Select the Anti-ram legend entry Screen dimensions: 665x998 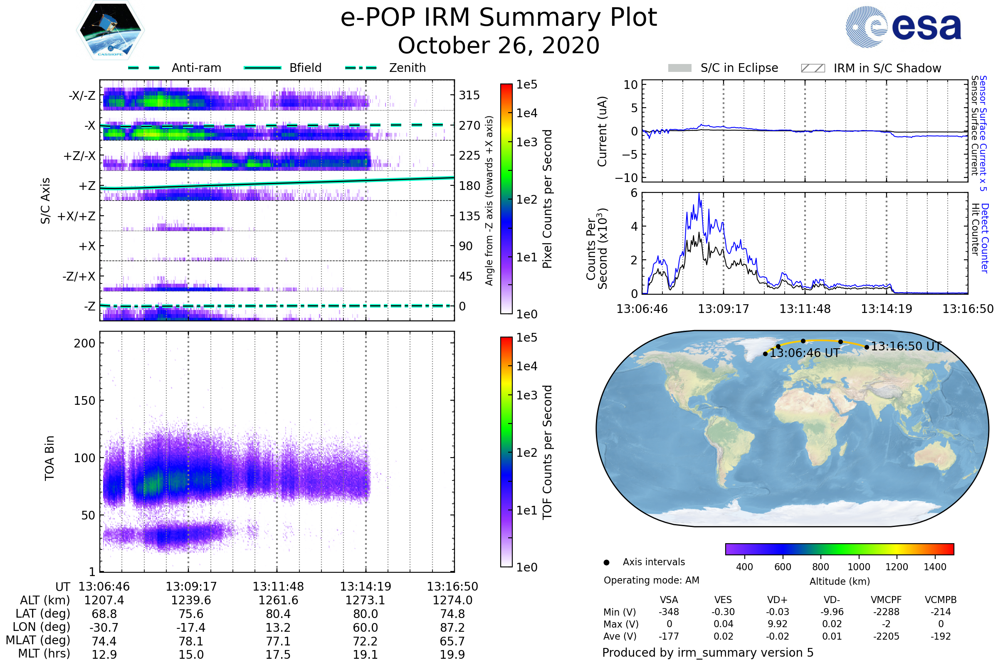click(x=196, y=68)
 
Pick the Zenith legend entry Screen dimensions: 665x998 click(x=407, y=68)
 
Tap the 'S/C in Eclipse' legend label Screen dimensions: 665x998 click(x=739, y=68)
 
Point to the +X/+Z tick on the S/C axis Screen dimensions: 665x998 click(x=77, y=216)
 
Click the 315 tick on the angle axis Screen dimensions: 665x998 click(x=469, y=95)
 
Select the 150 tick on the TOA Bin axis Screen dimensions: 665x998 click(x=84, y=400)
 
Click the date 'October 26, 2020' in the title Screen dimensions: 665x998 click(x=499, y=45)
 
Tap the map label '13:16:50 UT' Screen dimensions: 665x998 click(x=906, y=346)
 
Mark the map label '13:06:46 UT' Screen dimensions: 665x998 click(x=805, y=353)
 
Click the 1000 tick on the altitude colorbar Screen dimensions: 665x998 click(x=858, y=567)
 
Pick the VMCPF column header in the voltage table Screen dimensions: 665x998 click(x=886, y=600)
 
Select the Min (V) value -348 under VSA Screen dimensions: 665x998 click(x=669, y=612)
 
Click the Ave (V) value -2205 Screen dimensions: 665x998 click(x=886, y=636)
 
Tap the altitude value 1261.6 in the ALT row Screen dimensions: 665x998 click(x=278, y=600)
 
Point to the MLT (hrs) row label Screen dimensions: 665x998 click(x=44, y=653)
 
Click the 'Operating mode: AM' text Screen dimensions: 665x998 click(x=651, y=580)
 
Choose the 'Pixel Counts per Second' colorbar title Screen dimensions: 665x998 click(x=547, y=199)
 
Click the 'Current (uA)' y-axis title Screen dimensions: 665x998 click(x=602, y=131)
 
